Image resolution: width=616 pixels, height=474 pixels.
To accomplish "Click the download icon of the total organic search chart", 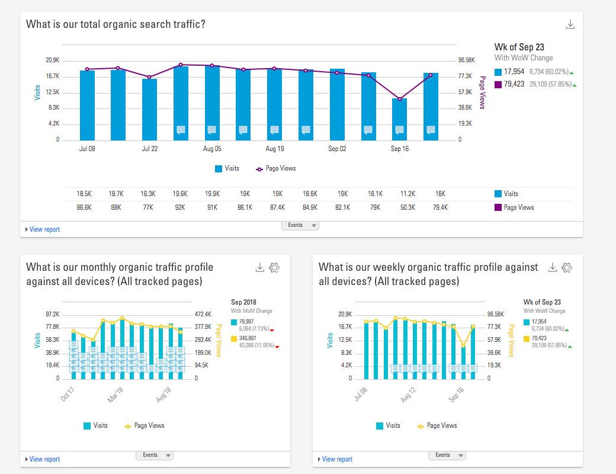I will pos(570,24).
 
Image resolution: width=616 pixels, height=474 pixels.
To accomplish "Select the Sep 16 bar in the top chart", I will pos(399,119).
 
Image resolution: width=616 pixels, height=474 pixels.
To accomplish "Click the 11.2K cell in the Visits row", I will pos(399,194).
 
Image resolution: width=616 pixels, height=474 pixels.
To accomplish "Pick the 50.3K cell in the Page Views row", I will pos(399,207).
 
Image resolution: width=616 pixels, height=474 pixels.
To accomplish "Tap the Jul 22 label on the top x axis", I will pos(150,149).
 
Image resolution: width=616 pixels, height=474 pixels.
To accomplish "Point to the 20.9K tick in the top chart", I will pos(53,60).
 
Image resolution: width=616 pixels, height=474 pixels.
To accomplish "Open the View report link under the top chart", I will pos(44,229).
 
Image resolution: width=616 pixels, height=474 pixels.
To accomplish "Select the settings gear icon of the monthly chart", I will pos(274,268).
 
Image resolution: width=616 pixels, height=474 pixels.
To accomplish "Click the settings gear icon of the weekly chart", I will pos(567,268).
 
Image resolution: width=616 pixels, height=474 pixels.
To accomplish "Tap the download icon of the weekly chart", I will pos(552,268).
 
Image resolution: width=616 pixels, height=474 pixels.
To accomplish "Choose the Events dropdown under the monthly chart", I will pos(154,455).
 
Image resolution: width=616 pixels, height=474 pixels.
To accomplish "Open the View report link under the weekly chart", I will pos(337,459).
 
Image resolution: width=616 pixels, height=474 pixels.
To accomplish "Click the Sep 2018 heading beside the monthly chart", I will pos(243,302).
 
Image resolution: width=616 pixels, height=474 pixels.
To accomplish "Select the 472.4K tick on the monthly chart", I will pos(204,314).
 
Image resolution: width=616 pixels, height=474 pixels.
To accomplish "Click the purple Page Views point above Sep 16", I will pos(399,99).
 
